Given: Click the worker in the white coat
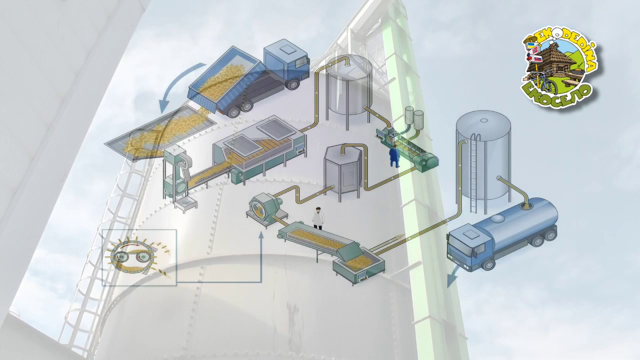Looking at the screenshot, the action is tap(318, 218).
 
